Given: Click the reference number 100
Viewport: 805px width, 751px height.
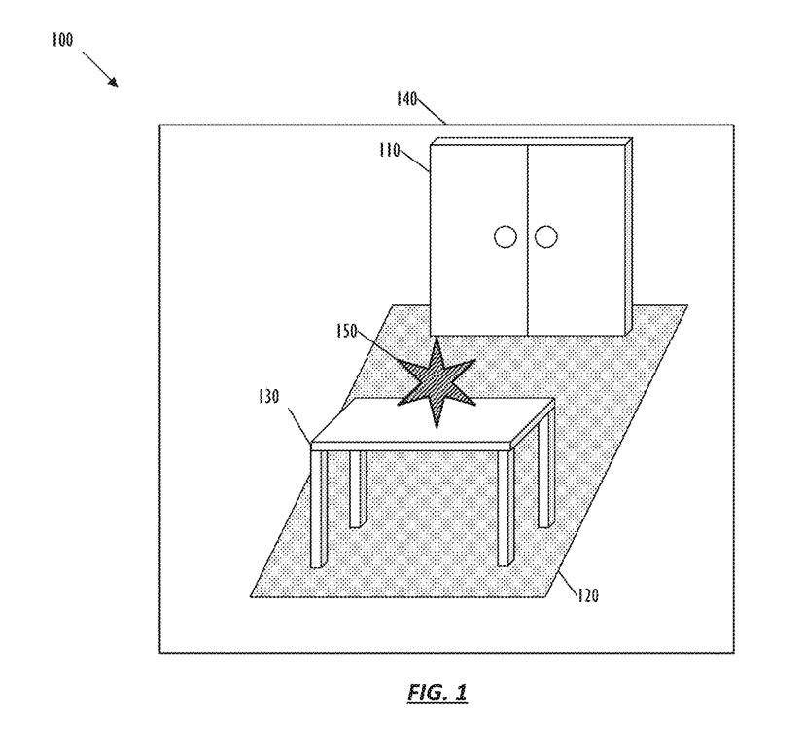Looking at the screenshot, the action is pyautogui.click(x=62, y=39).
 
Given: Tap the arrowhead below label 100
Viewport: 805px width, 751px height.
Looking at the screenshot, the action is pyautogui.click(x=113, y=82).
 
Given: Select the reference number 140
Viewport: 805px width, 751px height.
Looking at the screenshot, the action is pyautogui.click(x=406, y=98).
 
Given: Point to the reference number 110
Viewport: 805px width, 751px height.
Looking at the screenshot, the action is pyautogui.click(x=389, y=150).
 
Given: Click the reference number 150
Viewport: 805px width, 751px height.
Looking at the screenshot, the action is pyautogui.click(x=346, y=331).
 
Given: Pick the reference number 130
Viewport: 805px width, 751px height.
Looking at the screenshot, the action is pyautogui.click(x=269, y=397).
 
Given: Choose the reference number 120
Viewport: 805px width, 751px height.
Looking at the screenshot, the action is pyautogui.click(x=588, y=595).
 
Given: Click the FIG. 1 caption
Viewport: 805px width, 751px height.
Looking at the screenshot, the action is pyautogui.click(x=437, y=694).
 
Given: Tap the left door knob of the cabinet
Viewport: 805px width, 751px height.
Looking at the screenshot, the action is pyautogui.click(x=506, y=236).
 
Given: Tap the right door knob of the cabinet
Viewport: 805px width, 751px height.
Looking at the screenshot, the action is pyautogui.click(x=545, y=236).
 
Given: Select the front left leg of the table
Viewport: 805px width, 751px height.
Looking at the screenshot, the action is pyautogui.click(x=319, y=509).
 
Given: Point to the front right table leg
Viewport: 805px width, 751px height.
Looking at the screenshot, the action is pyautogui.click(x=506, y=508).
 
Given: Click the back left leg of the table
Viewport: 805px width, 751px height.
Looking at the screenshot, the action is pyautogui.click(x=358, y=489).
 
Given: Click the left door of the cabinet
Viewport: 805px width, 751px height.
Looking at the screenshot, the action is pyautogui.click(x=479, y=239).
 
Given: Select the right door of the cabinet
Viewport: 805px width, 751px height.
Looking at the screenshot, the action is pyautogui.click(x=577, y=239).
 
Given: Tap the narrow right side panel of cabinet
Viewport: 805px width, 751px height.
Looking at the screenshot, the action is pyautogui.click(x=629, y=236).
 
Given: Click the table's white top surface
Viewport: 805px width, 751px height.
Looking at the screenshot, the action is pyautogui.click(x=433, y=420).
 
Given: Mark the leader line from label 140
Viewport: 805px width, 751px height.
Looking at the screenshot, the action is pyautogui.click(x=431, y=111).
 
